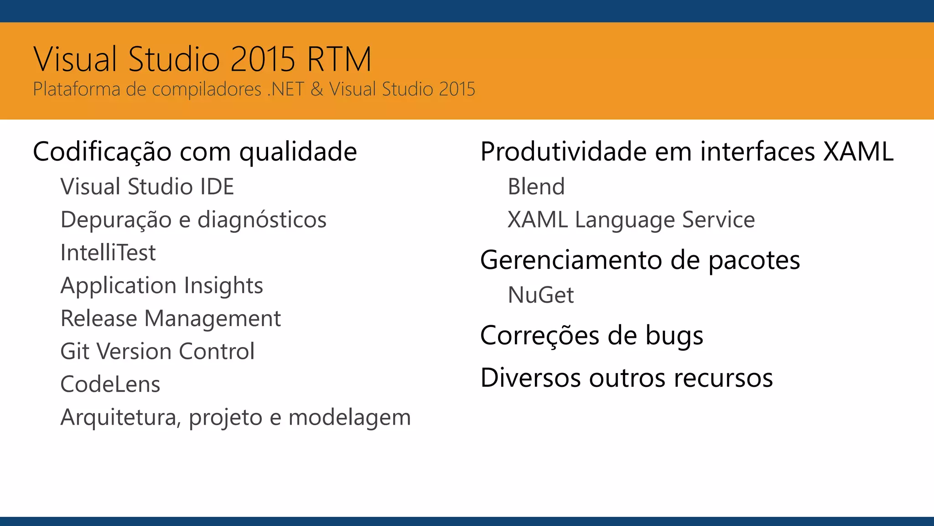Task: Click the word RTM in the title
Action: [x=339, y=59]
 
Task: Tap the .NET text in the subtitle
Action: [x=285, y=89]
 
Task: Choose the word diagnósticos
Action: [x=262, y=220]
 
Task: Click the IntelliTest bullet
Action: [x=108, y=252]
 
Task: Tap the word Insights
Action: [x=223, y=286]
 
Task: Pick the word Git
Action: [x=75, y=352]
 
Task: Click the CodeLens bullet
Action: [x=110, y=384]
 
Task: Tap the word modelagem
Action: [x=349, y=417]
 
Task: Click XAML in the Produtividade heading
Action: [x=858, y=152]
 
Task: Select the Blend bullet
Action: [x=536, y=187]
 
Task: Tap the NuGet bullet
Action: [x=541, y=295]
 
